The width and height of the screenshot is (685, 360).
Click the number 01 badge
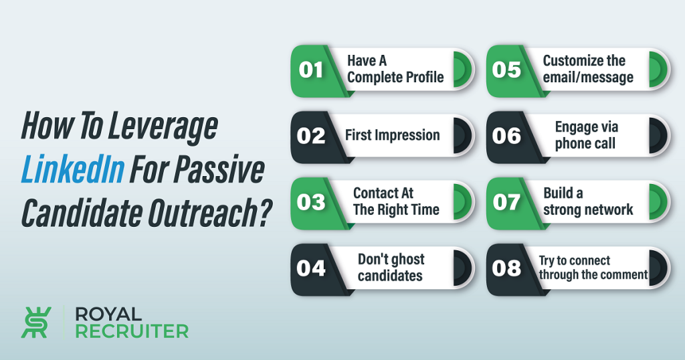(311, 70)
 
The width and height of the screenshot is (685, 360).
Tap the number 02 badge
(311, 137)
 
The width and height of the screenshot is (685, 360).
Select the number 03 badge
(311, 202)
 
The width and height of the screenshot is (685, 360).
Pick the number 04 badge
(311, 268)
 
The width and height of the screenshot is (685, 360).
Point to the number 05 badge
(507, 70)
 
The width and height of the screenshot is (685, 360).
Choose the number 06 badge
(507, 137)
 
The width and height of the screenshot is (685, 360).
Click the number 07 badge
(507, 202)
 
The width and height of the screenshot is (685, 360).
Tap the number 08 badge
(507, 268)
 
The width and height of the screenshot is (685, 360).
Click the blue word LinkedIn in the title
(73, 169)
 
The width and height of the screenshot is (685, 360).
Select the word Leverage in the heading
(163, 126)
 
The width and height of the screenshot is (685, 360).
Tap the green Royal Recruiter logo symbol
(36, 323)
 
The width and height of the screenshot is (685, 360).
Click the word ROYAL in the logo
(108, 314)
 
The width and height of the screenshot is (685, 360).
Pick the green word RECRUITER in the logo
(132, 331)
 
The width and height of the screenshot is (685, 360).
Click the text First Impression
(392, 135)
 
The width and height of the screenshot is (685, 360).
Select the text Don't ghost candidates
(391, 268)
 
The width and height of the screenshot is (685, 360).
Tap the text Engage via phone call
(586, 135)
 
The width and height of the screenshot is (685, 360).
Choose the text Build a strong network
(588, 201)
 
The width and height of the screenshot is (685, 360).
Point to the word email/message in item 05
(588, 78)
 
